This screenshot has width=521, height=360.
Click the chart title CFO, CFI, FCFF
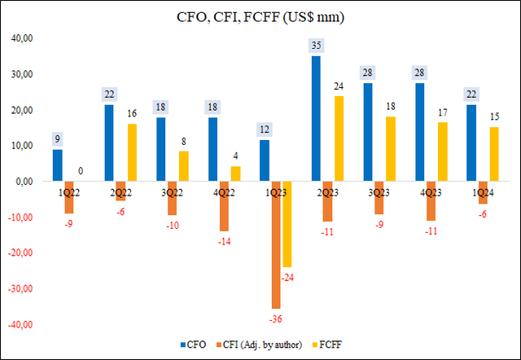(x=260, y=17)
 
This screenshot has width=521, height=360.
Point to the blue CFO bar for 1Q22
(x=57, y=165)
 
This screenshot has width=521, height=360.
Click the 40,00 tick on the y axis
(x=23, y=38)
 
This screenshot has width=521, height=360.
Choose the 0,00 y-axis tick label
(x=24, y=182)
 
